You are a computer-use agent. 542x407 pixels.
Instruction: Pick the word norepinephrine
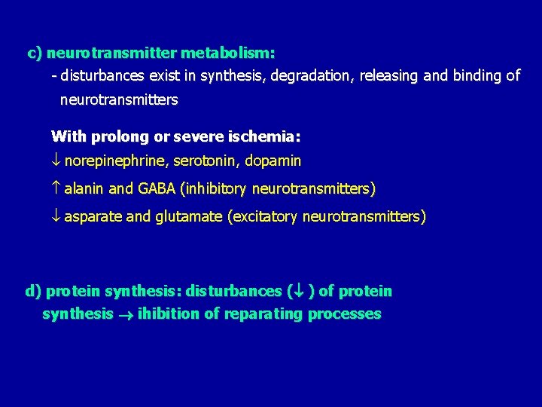point(116,161)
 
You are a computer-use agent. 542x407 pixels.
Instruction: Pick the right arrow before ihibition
point(125,314)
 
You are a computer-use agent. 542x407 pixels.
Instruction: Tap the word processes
point(345,314)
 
